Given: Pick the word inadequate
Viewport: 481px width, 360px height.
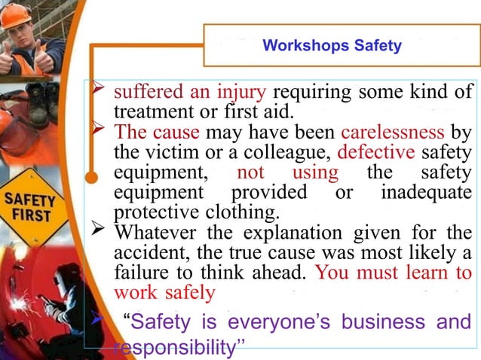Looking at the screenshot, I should click(426, 192).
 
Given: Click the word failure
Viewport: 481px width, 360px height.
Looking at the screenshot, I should click(139, 270).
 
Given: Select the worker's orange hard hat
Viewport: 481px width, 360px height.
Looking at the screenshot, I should click(15, 15).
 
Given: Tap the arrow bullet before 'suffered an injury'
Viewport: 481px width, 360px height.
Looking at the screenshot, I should click(97, 94).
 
